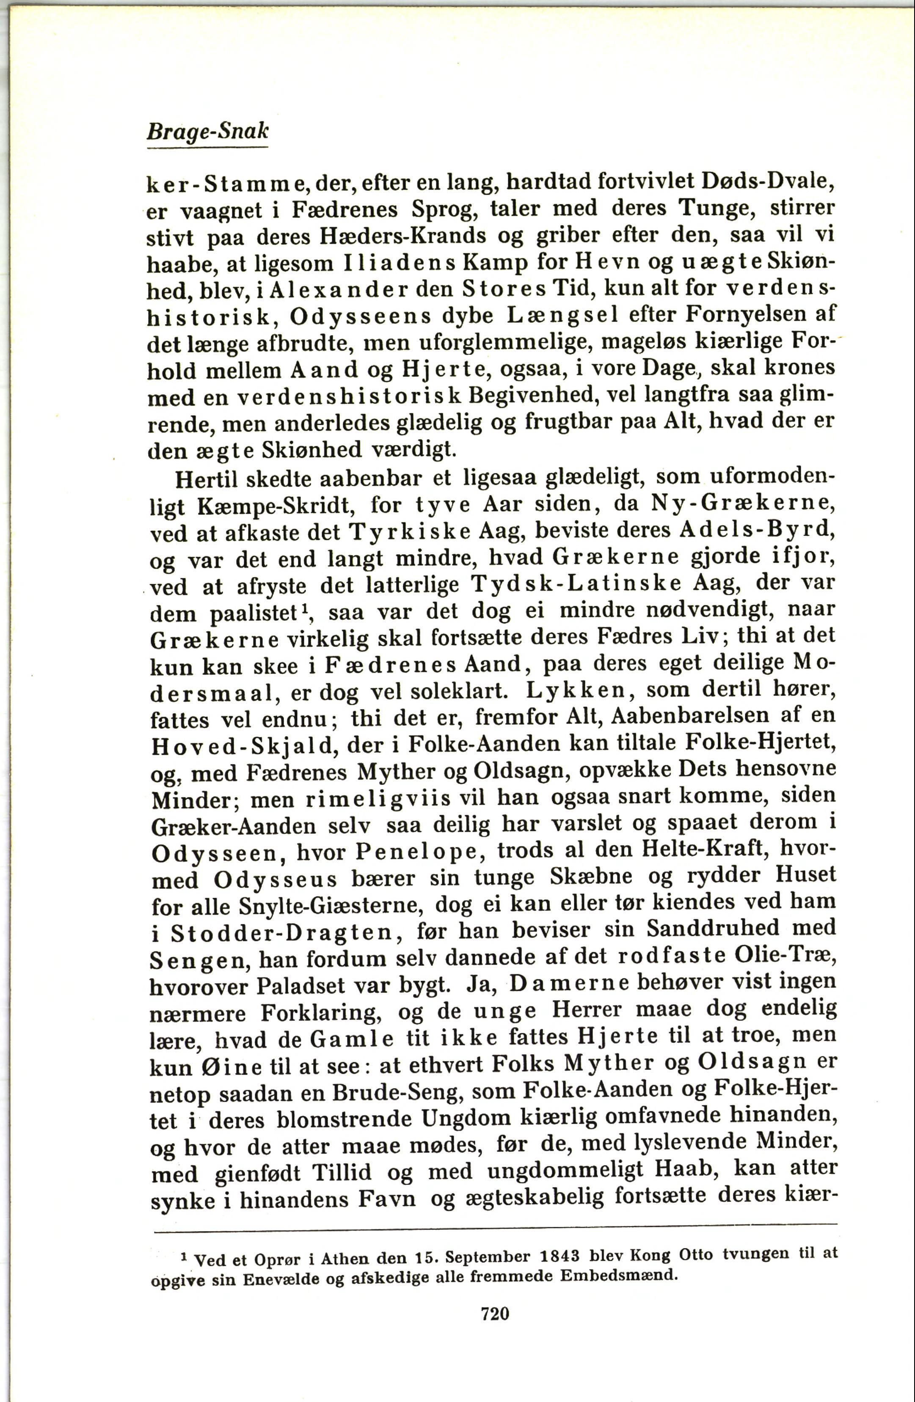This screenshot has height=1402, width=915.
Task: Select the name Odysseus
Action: (275, 879)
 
